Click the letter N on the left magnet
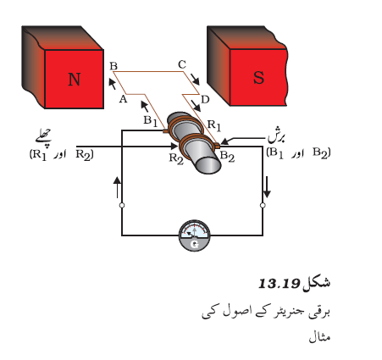(75, 80)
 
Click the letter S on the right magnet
(258, 77)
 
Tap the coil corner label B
(113, 66)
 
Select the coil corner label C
(182, 64)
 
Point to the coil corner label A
(123, 99)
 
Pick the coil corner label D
(205, 99)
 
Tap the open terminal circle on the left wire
(122, 205)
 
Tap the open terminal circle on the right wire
(263, 205)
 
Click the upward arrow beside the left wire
(117, 187)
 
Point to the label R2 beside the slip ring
(176, 158)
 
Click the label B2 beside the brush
(227, 156)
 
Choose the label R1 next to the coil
(214, 125)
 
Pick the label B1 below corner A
(151, 121)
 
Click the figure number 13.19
(279, 284)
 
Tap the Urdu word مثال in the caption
(319, 337)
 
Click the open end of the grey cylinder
(208, 164)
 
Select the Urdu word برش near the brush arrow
(277, 137)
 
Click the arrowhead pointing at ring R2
(174, 147)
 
